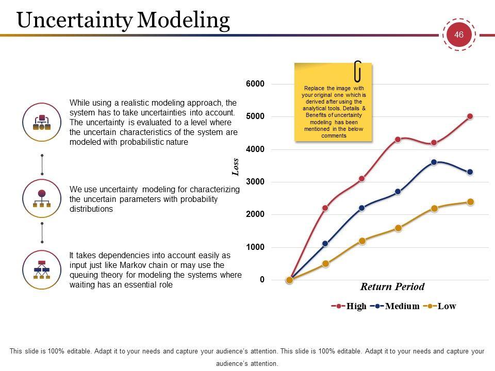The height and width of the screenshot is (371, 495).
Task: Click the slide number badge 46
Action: tap(458, 35)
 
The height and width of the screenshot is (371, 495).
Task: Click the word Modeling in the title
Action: tap(184, 20)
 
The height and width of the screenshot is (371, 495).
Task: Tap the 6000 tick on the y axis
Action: tap(255, 84)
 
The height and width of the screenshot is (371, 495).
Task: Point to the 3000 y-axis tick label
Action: tap(255, 182)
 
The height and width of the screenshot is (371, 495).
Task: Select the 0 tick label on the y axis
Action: tap(262, 280)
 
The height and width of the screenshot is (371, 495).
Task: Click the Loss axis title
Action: tap(236, 167)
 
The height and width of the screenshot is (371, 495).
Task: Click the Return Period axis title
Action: tap(392, 287)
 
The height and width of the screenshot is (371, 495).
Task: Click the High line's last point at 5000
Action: tap(470, 116)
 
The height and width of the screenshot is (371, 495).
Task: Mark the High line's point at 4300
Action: tap(398, 140)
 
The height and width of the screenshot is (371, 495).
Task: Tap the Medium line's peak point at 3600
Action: tap(434, 162)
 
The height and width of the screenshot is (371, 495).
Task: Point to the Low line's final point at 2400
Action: tap(470, 202)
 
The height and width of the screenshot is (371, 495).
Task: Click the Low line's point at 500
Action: tap(325, 263)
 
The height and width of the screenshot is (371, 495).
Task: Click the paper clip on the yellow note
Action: tap(357, 71)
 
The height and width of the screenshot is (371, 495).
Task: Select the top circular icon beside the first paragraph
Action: tap(42, 122)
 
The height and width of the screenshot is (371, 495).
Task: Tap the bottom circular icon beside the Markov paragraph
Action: tap(42, 269)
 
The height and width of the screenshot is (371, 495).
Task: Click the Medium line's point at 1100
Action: tap(325, 244)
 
